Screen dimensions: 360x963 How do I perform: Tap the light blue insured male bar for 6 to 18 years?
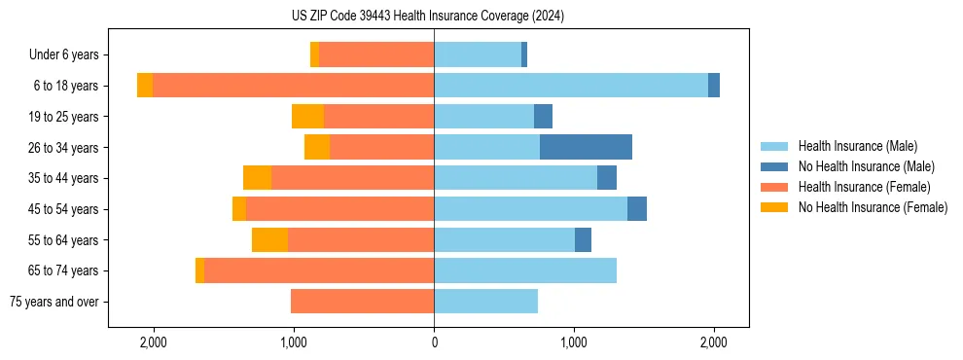(x=571, y=86)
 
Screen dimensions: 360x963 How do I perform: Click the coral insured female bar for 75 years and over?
(x=362, y=302)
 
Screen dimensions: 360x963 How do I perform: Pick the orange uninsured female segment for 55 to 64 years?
(x=269, y=240)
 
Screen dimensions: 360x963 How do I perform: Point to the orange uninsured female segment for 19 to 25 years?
(x=307, y=117)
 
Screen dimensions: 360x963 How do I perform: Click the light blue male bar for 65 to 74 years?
(x=525, y=270)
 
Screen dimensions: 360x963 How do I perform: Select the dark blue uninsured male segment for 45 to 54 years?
(x=637, y=209)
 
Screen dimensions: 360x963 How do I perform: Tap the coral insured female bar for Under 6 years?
(x=376, y=54)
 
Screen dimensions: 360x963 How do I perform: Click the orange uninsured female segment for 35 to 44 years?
(x=257, y=178)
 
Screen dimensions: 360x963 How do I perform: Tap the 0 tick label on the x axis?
(x=434, y=342)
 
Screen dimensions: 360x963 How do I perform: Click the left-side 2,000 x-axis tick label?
(x=154, y=342)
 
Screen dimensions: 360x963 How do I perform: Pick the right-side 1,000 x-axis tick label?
(x=574, y=342)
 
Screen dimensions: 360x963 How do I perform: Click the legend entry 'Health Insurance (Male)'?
(x=857, y=146)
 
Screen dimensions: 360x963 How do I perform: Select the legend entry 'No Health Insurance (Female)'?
(x=873, y=207)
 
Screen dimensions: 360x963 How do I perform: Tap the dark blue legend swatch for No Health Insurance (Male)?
(x=774, y=166)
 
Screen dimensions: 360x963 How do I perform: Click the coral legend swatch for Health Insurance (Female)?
(x=774, y=187)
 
